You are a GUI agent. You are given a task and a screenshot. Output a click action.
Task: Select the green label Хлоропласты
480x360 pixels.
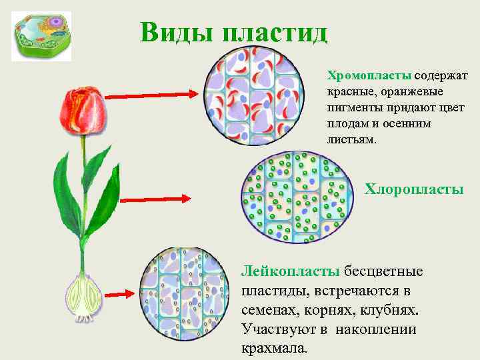pyautogui.click(x=414, y=189)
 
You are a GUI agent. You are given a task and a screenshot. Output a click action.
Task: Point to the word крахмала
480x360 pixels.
pyautogui.click(x=274, y=348)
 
